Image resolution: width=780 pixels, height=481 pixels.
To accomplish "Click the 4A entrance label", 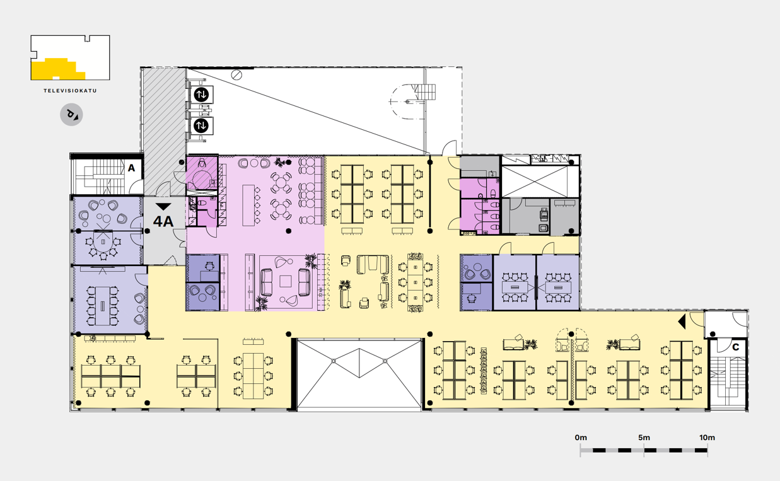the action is pos(163,221).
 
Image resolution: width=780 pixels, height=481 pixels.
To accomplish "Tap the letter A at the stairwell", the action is pos(131,168).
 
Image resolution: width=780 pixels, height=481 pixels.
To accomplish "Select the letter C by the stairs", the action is pos(735,347).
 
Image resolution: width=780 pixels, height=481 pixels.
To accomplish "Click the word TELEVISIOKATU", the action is pos(70,91).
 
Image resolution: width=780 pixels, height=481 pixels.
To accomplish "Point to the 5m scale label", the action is pos(644,438).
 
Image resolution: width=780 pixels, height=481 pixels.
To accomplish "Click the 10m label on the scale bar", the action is pos(707,438).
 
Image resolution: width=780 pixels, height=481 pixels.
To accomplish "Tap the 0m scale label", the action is pos(581,438).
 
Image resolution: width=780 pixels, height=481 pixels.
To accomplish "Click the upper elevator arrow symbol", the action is pos(201,95).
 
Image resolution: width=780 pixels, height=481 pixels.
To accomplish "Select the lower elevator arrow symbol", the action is pos(201,125).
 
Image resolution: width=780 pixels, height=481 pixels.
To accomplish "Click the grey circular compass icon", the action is pos(71,115).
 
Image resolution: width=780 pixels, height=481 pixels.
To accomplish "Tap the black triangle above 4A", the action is pos(163,207).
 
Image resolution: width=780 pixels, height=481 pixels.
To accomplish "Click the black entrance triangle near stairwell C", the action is pos(682,322).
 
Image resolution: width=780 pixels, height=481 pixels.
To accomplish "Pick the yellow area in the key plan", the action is pos(57,69).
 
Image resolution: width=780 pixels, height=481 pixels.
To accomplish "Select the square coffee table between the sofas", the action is pos(286,281).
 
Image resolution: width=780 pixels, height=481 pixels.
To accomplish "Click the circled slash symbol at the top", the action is pos(237,74).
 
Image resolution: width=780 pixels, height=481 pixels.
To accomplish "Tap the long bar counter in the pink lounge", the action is pos(248,206).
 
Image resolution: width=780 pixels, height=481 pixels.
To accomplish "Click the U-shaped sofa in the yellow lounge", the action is pos(373,265).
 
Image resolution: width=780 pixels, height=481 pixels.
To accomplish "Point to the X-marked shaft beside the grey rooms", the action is pos(539,182).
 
